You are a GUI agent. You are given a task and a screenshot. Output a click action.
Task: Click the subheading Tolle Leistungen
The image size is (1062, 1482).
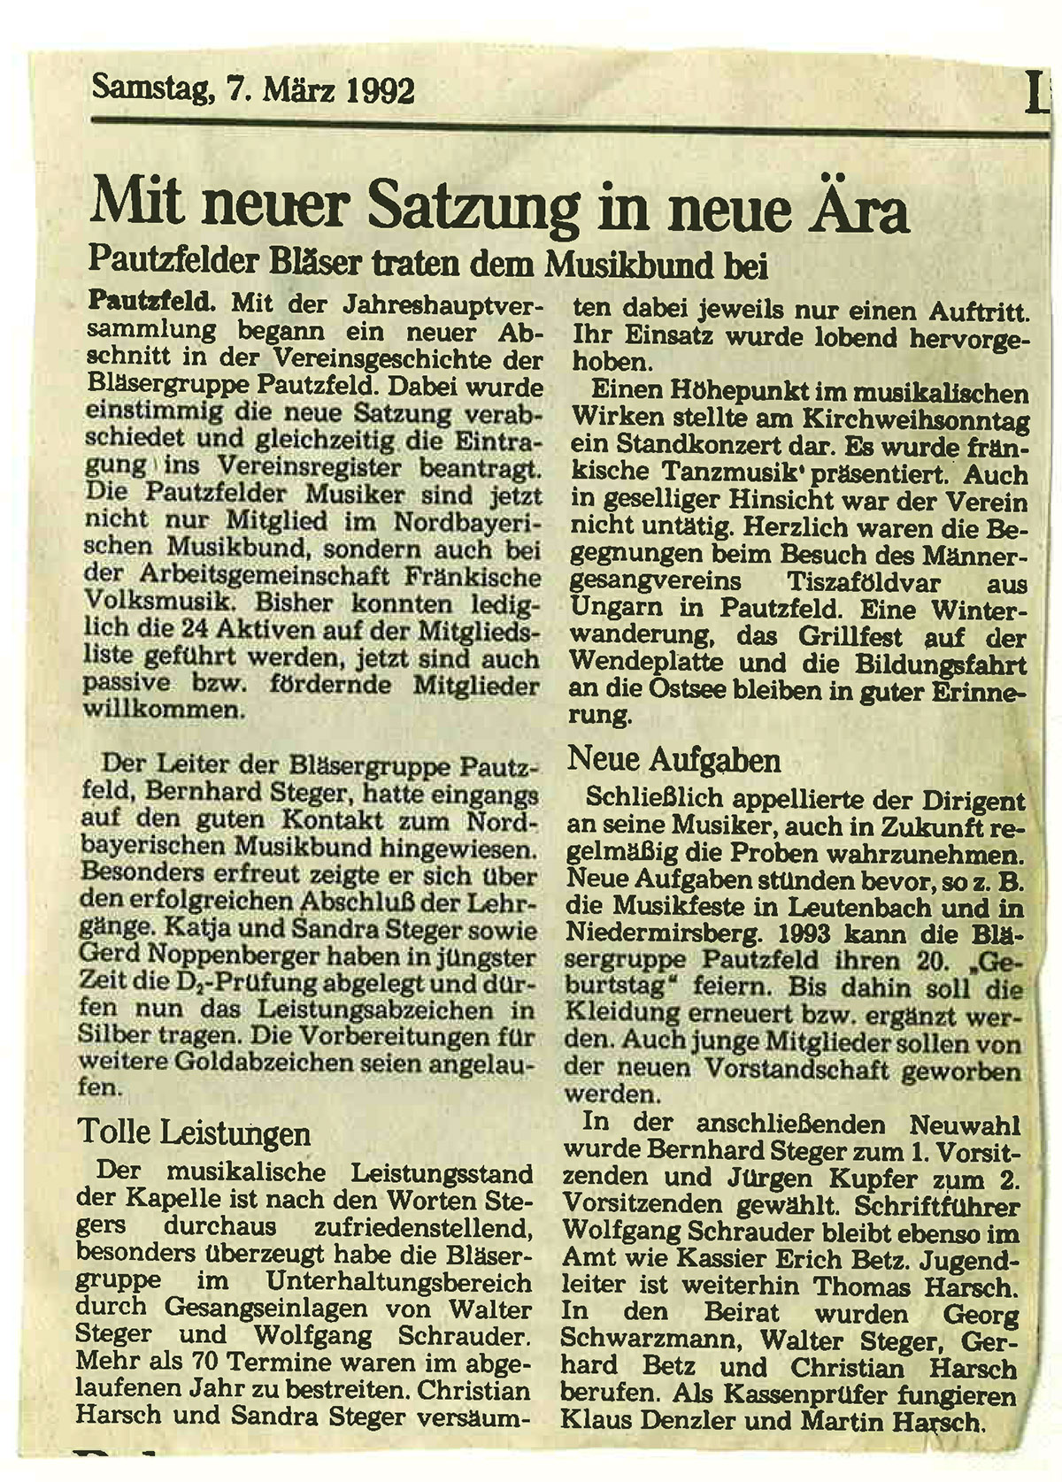point(195,1133)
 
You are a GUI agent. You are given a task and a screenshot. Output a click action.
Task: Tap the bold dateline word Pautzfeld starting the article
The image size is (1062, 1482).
point(151,303)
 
